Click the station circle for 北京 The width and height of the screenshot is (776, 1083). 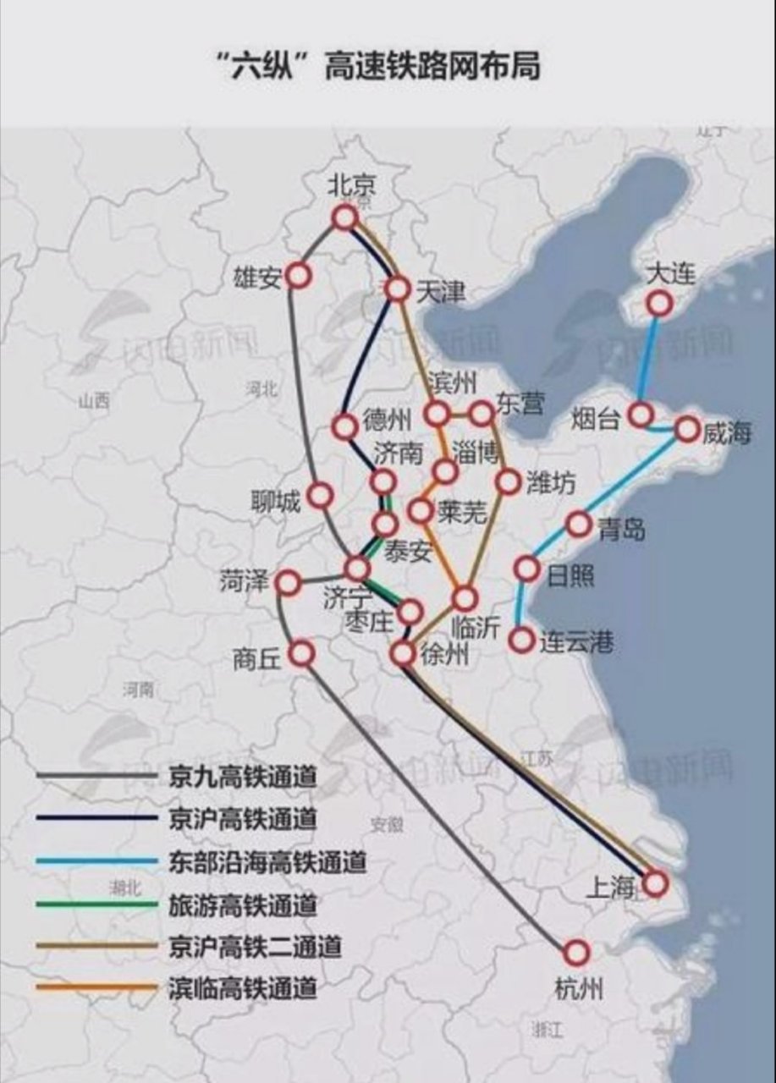[x=344, y=218]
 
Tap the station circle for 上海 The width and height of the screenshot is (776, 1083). [x=655, y=883]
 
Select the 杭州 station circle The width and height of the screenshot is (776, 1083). [x=576, y=953]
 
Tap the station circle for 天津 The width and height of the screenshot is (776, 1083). [x=397, y=289]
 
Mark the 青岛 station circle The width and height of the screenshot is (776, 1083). [x=578, y=525]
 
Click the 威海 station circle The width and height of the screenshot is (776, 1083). [x=688, y=429]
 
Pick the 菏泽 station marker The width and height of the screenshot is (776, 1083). [x=289, y=583]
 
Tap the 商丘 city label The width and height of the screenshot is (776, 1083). [x=256, y=658]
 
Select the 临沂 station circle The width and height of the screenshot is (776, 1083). [x=464, y=598]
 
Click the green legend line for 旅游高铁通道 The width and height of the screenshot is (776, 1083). [x=97, y=904]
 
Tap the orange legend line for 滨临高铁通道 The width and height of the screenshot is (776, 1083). [x=97, y=987]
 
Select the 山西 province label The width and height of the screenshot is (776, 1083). [x=93, y=402]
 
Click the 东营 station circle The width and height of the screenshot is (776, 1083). [x=482, y=413]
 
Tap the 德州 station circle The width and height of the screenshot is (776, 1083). [x=344, y=427]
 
